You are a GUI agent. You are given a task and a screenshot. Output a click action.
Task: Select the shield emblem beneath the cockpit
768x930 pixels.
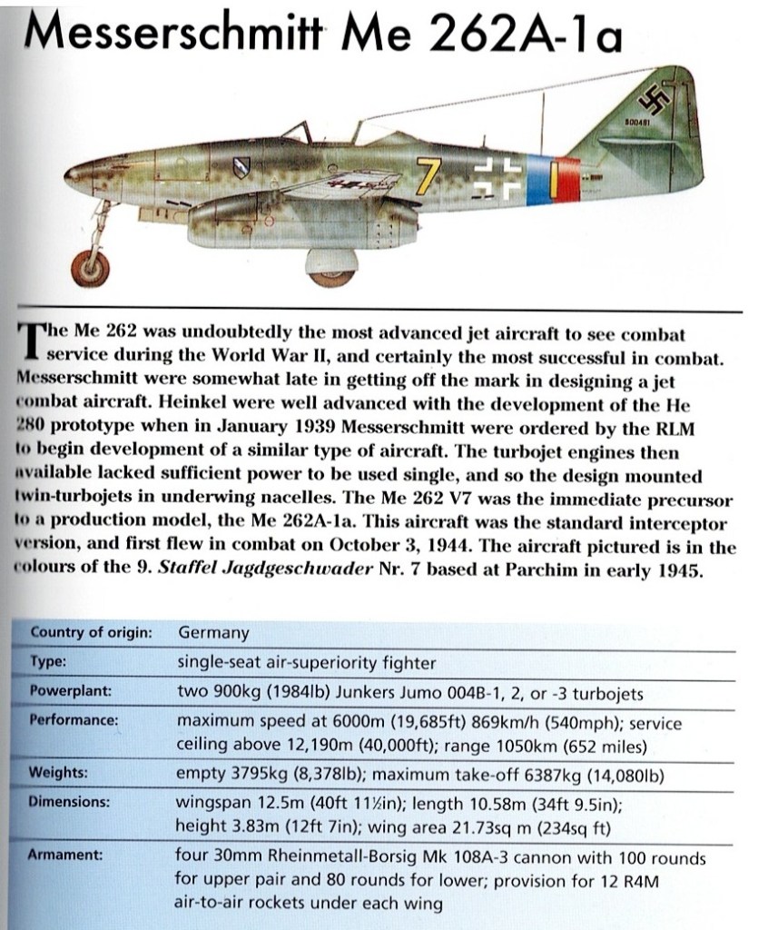pyautogui.click(x=242, y=168)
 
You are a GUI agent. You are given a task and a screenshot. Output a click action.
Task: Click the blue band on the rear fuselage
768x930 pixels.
pyautogui.click(x=536, y=179)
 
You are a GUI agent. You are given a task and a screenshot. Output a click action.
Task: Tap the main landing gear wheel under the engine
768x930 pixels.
pyautogui.click(x=329, y=267)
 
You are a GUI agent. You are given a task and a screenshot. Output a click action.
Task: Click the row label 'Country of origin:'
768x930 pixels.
pyautogui.click(x=91, y=632)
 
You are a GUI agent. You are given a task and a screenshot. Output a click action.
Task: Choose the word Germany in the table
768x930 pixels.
pyautogui.click(x=213, y=632)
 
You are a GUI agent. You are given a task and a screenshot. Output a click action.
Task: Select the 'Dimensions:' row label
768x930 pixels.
pyautogui.click(x=70, y=802)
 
